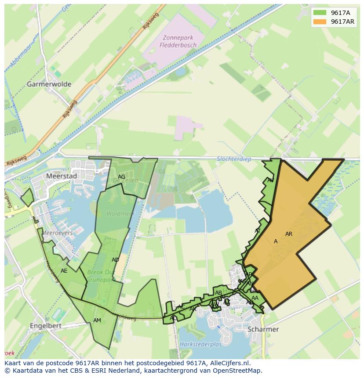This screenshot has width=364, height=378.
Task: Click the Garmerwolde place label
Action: pos(49,84)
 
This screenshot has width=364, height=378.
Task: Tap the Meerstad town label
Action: pos(61,176)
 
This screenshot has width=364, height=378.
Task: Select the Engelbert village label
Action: pos(45,326)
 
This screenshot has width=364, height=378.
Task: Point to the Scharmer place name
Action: pos(263,329)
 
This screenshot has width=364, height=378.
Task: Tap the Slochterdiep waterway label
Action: pos(234,159)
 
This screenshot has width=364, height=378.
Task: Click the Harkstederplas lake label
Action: pos(201,345)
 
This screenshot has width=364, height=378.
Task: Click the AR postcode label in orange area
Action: pos(289,234)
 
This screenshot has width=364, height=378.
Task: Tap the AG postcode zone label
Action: pos(122,177)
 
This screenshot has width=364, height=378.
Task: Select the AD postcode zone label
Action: pos(115,260)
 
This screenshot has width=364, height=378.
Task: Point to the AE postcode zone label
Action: pos(64,271)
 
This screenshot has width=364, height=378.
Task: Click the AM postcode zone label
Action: pos(97,320)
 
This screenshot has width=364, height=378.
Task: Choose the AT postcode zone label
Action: pos(258,231)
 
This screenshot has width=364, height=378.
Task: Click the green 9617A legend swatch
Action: pos(320,13)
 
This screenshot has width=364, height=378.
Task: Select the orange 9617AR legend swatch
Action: pos(320,22)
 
